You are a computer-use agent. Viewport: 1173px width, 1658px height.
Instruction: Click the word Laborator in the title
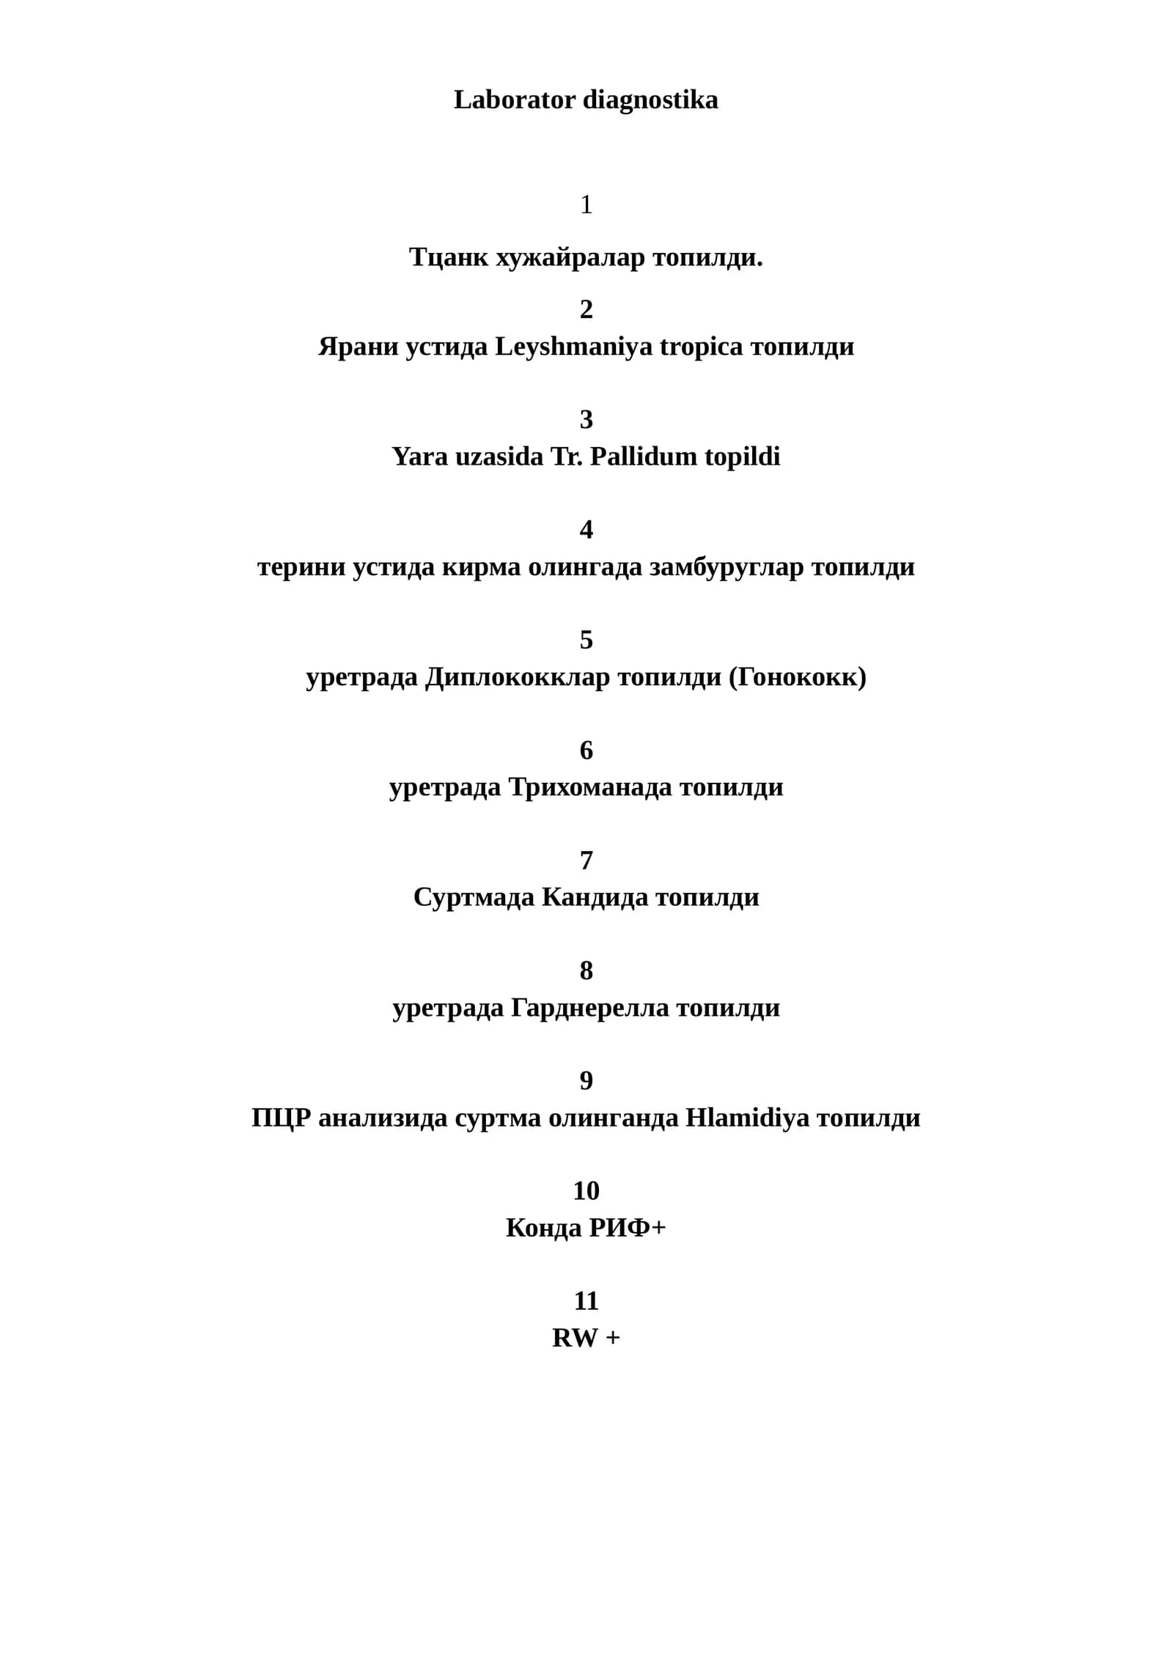pyautogui.click(x=515, y=100)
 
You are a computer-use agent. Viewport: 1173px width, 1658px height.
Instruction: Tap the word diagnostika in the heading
pyautogui.click(x=651, y=100)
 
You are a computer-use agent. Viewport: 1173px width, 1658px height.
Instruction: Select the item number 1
pyautogui.click(x=586, y=205)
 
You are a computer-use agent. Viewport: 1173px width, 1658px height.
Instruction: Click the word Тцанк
pyautogui.click(x=449, y=257)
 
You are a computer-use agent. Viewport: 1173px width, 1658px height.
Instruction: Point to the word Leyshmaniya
pyautogui.click(x=573, y=347)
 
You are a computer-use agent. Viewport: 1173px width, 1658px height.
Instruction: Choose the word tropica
pyautogui.click(x=701, y=347)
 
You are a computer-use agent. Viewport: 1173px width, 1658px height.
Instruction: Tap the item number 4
pyautogui.click(x=586, y=529)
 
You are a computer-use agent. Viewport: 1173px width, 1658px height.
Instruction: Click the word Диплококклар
pyautogui.click(x=518, y=677)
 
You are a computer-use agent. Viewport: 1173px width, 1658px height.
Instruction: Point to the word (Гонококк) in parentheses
pyautogui.click(x=797, y=677)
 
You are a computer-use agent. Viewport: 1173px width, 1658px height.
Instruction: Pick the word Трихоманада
pyautogui.click(x=590, y=787)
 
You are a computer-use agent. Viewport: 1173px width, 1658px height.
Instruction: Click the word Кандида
pyautogui.click(x=595, y=897)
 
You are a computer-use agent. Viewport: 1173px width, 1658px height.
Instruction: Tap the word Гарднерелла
pyautogui.click(x=589, y=1008)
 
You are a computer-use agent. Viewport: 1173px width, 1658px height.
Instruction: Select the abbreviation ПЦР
pyautogui.click(x=282, y=1118)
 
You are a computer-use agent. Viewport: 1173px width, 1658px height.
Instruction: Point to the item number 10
pyautogui.click(x=586, y=1190)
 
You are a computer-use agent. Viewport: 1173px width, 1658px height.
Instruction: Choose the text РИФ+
pyautogui.click(x=627, y=1228)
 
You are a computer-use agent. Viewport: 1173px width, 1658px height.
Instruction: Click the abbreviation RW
pyautogui.click(x=575, y=1338)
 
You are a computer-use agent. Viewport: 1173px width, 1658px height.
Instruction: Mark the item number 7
pyautogui.click(x=586, y=860)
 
